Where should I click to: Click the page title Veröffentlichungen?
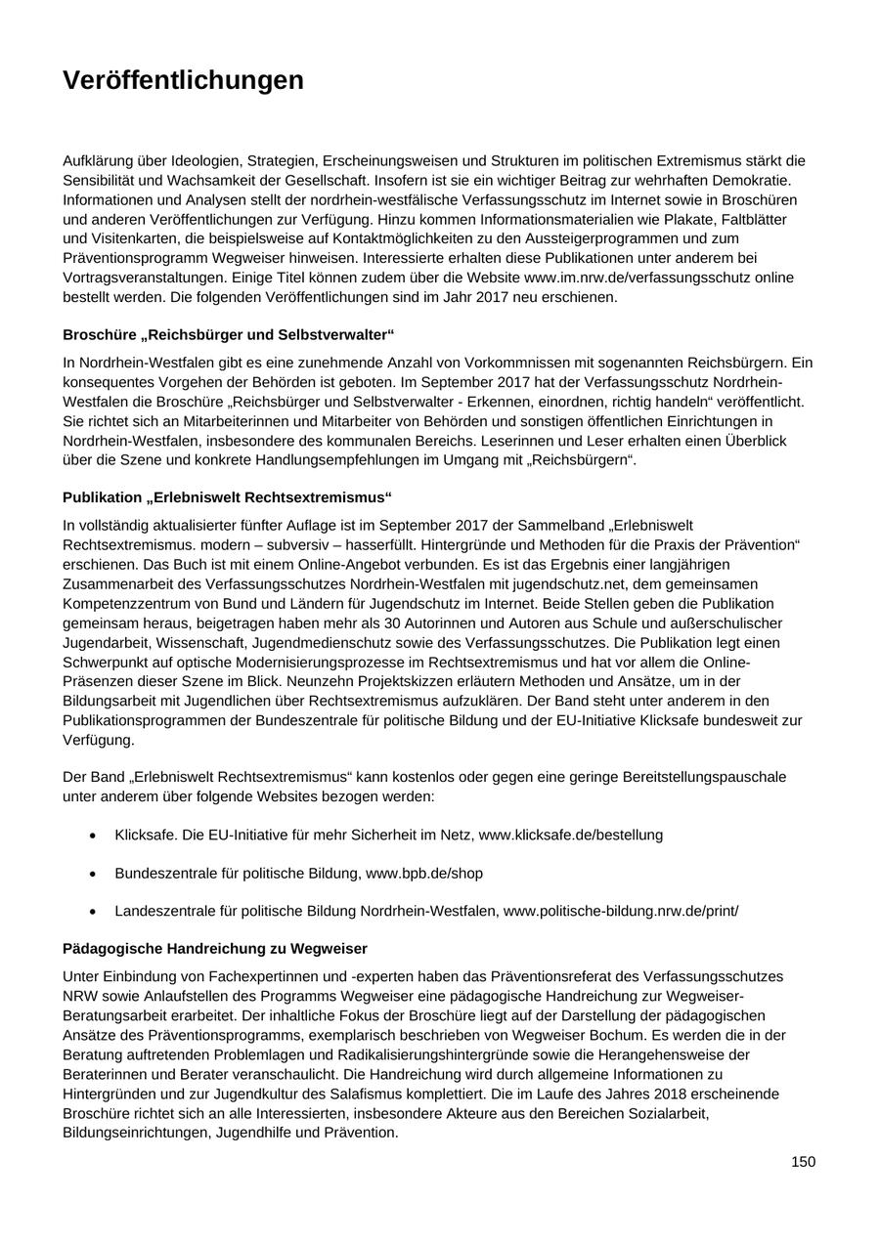183,80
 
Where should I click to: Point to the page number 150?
803,1161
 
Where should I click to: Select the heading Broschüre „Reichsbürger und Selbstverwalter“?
228,334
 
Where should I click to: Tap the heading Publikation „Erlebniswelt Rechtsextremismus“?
228,497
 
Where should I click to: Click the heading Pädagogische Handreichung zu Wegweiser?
215,948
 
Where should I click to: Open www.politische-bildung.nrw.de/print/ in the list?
621,911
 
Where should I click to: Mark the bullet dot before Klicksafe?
93,836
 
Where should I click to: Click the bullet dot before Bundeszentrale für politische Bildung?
93,874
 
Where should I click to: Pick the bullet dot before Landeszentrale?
93,912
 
